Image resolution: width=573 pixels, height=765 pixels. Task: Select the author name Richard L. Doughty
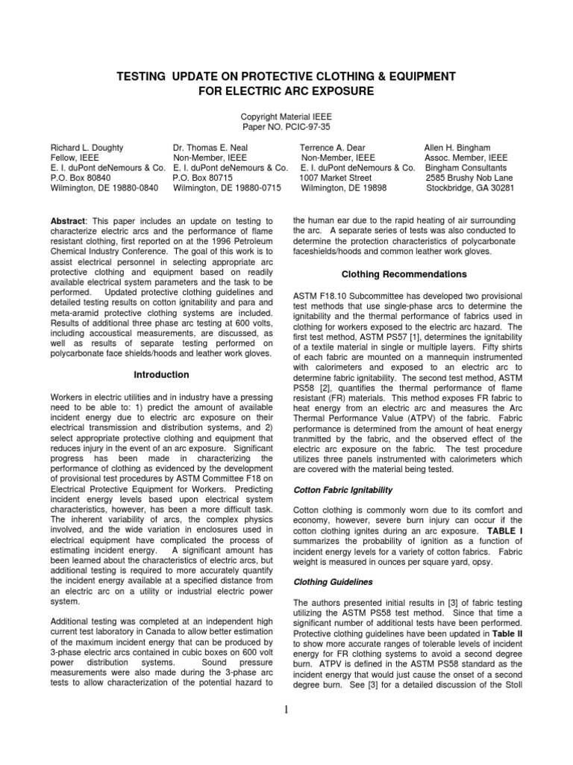click(x=87, y=148)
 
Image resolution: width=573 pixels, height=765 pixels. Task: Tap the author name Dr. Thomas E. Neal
click(x=214, y=148)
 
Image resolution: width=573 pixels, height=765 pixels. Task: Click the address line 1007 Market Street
click(x=335, y=178)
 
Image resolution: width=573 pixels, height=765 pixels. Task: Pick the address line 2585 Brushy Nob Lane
click(x=469, y=178)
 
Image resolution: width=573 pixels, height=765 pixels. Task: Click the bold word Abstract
click(x=68, y=223)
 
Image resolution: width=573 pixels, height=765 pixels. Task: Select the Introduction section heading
click(x=161, y=374)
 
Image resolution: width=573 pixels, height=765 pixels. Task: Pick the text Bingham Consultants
click(x=466, y=168)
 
